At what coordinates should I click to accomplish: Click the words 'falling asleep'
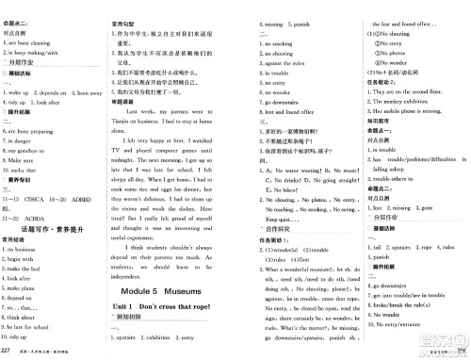click(x=374, y=170)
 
